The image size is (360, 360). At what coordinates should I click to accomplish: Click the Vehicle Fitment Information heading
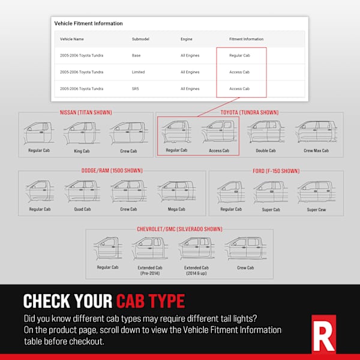pyautogui.click(x=88, y=23)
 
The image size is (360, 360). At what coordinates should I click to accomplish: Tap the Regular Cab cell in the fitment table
pyautogui.click(x=239, y=55)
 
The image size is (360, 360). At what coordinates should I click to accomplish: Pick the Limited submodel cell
pyautogui.click(x=139, y=72)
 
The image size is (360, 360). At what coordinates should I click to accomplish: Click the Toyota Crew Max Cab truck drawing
pyautogui.click(x=316, y=132)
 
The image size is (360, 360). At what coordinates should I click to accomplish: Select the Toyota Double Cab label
pyautogui.click(x=266, y=151)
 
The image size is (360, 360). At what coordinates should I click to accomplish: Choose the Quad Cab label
pyautogui.click(x=82, y=209)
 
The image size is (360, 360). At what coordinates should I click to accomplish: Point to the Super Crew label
pyautogui.click(x=316, y=209)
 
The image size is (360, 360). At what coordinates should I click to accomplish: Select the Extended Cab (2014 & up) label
pyautogui.click(x=196, y=270)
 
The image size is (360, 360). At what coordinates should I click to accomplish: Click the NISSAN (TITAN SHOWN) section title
pyautogui.click(x=86, y=112)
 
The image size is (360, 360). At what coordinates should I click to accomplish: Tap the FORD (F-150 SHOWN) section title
pyautogui.click(x=275, y=170)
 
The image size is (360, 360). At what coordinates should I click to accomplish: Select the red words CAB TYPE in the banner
pyautogui.click(x=151, y=300)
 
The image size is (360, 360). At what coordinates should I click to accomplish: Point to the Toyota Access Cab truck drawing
pyautogui.click(x=219, y=133)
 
